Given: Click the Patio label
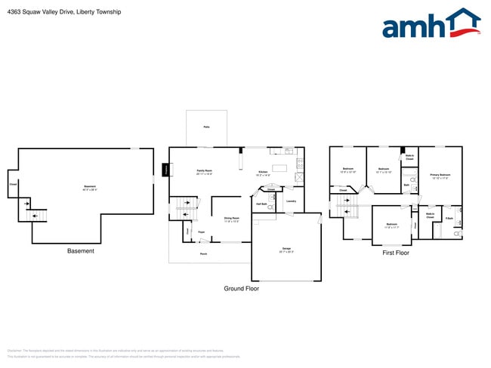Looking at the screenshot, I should coord(206,127).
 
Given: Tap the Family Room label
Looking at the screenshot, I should coord(204,171).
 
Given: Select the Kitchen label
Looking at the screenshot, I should coord(263,173).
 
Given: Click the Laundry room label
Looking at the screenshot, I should coord(291,201).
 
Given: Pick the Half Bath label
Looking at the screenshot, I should coord(261,204).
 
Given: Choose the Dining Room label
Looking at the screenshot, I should coord(231,219).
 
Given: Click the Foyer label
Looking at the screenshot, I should coord(202,232).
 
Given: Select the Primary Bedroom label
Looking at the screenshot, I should coord(440,175).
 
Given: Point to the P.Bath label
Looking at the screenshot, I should coord(449,218).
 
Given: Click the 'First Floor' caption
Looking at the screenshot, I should coord(395,253).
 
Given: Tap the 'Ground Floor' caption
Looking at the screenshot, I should coord(241,289).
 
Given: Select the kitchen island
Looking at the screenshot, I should coord(282,167).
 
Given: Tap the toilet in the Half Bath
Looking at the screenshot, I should coord(274,198).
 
